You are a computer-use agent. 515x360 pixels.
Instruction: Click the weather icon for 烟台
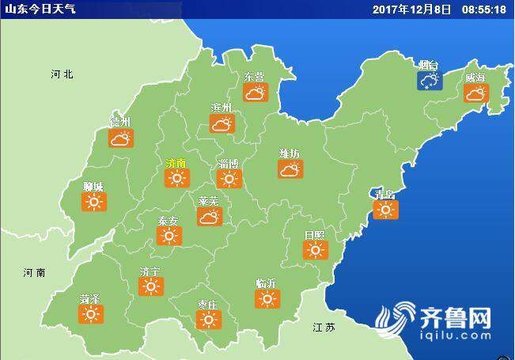430,81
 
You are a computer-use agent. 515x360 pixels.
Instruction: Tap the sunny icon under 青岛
386,209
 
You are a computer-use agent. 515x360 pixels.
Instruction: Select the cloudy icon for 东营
255,93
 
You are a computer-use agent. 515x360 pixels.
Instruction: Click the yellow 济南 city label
176,163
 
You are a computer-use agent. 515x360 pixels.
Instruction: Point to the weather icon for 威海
475,93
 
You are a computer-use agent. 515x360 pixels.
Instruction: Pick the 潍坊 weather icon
290,169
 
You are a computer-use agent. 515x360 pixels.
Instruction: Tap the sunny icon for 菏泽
92,314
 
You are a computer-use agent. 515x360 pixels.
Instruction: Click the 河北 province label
62,74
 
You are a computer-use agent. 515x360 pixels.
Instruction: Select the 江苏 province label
324,327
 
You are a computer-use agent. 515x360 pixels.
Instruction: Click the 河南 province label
35,272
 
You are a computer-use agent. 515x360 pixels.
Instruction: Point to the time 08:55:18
483,9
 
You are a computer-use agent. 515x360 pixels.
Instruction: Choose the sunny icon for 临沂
267,298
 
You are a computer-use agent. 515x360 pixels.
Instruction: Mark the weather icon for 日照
315,250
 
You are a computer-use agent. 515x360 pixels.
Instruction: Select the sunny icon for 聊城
94,202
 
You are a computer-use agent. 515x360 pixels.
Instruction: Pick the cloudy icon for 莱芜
210,216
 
